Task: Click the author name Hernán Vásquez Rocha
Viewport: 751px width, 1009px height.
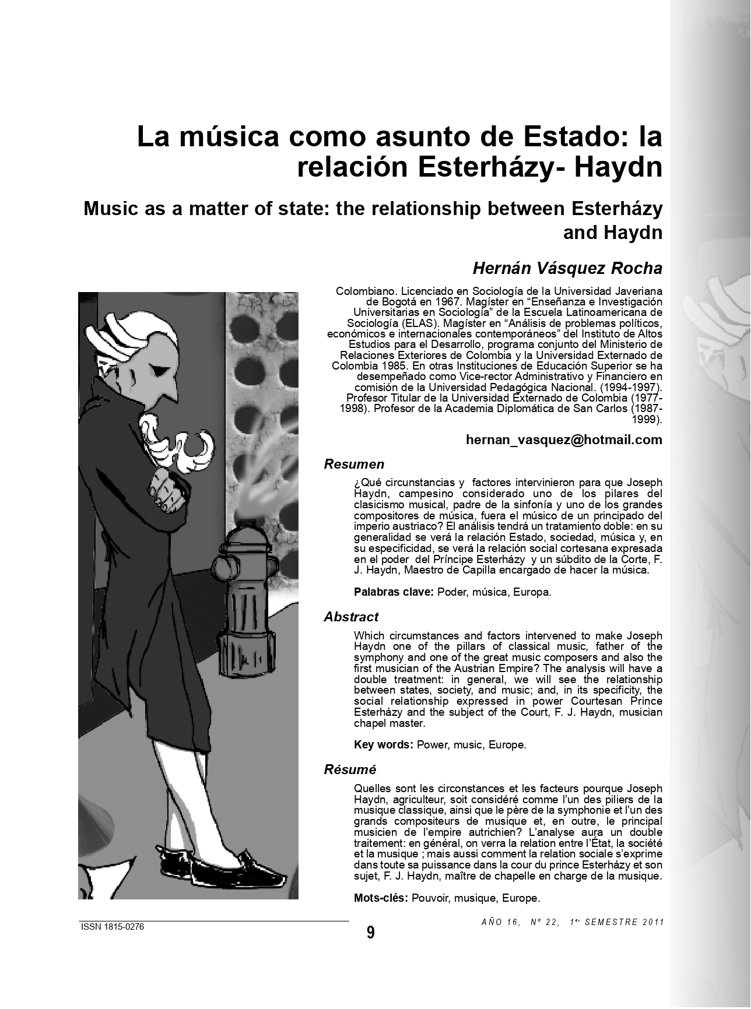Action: pyautogui.click(x=567, y=268)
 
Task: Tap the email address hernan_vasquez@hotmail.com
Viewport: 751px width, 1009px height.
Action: pyautogui.click(x=564, y=440)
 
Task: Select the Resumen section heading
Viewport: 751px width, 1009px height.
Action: pyautogui.click(x=354, y=465)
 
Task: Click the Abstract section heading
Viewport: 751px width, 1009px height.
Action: pyautogui.click(x=351, y=617)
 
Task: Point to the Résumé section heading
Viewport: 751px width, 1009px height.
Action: pyautogui.click(x=350, y=769)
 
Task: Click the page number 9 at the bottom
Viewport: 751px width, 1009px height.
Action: pyautogui.click(x=371, y=933)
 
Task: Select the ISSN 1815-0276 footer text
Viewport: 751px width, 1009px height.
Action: pyautogui.click(x=112, y=927)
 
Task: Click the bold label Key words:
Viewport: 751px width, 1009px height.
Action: pyautogui.click(x=384, y=744)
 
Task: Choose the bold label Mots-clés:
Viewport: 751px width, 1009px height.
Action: pyautogui.click(x=381, y=898)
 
